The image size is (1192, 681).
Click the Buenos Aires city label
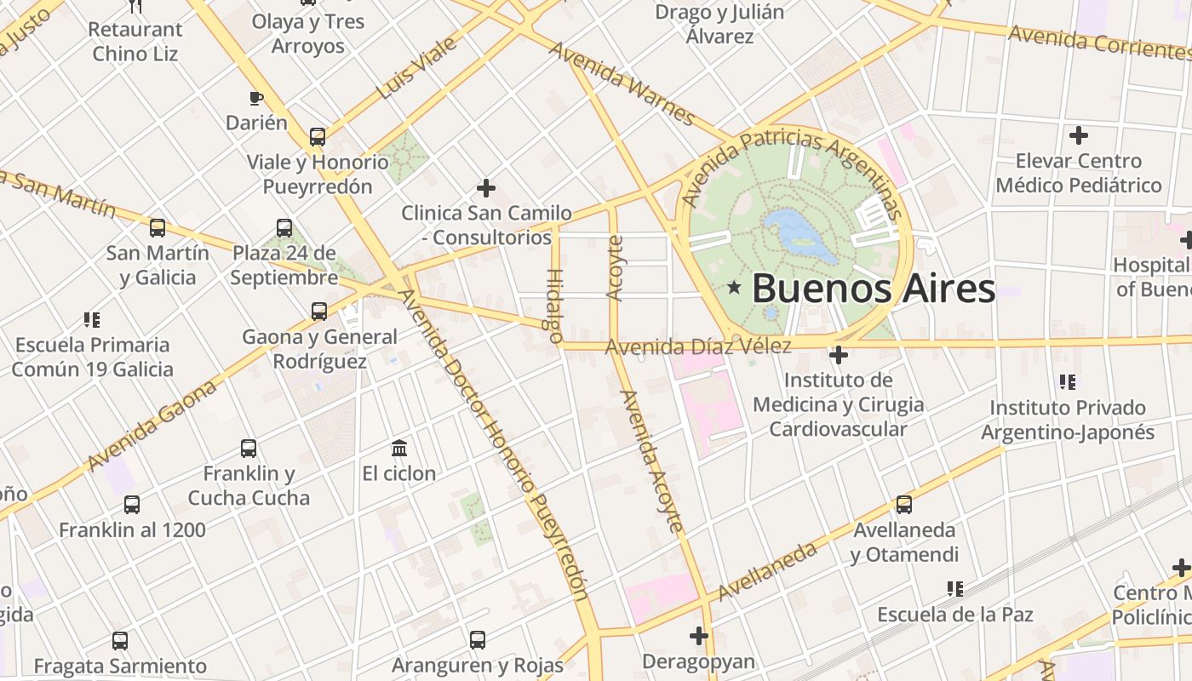[873, 289]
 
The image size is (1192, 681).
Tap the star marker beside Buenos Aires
[734, 289]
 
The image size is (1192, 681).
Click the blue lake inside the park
[799, 235]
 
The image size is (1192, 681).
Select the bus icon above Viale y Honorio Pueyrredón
[318, 136]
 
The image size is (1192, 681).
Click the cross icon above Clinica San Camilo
[486, 187]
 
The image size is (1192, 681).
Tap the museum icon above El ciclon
[398, 448]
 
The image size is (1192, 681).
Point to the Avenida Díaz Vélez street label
[698, 346]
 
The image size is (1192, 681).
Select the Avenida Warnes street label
[622, 83]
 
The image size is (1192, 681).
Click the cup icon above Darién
[256, 98]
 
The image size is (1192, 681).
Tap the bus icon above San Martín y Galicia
[158, 228]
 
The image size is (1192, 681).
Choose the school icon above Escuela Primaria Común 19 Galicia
[92, 320]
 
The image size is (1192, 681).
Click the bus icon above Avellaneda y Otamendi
[904, 505]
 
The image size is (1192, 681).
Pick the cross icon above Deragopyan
[699, 636]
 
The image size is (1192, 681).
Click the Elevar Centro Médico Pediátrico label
[1078, 173]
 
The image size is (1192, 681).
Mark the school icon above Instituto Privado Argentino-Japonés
[1068, 382]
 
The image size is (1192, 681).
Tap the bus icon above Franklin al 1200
[132, 505]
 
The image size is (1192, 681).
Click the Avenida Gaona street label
[152, 426]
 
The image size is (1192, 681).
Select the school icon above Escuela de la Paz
[955, 589]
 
